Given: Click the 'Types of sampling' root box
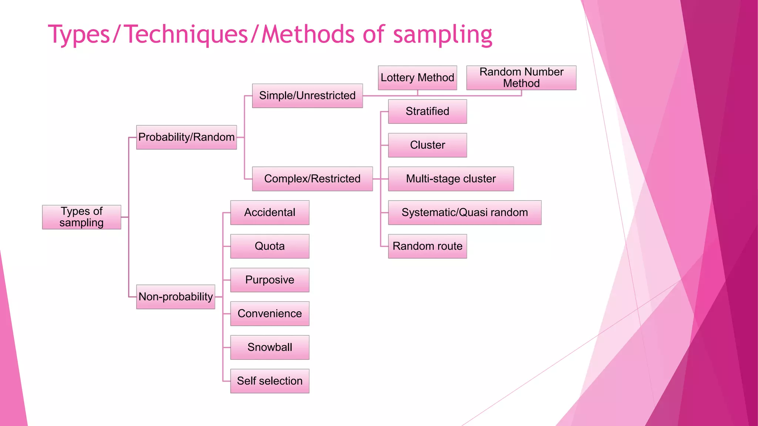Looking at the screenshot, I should pos(81,217).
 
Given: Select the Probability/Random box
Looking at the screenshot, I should pos(186,137).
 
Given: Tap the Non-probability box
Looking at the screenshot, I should pos(175,297).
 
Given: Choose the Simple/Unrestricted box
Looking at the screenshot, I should pos(307,96).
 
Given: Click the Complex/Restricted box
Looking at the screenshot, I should pos(312,179).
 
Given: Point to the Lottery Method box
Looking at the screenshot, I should pos(417,78).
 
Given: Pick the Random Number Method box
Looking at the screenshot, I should pos(521,78).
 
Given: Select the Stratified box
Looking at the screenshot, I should pos(427,111).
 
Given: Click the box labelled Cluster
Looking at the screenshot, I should pos(427,145).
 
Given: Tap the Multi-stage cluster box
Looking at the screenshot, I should pos(450,179).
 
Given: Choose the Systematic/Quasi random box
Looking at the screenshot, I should pos(464,213).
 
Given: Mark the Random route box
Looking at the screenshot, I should pos(427,246).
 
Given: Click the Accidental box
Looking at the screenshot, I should pos(269,213).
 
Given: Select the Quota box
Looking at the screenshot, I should pos(269,246).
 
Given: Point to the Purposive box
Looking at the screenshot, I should pos(269,280).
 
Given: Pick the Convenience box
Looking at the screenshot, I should pos(269,314).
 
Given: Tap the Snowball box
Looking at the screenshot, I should pos(269,347).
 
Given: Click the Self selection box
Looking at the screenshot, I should pos(269,381).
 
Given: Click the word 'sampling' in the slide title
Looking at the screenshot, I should pos(442,35).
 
